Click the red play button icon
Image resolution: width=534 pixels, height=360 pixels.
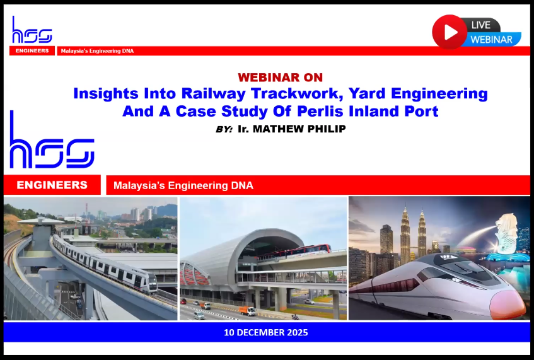click(x=450, y=32)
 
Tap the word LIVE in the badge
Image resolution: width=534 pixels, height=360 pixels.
click(x=481, y=25)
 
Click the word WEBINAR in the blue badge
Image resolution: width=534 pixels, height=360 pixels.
click(x=491, y=40)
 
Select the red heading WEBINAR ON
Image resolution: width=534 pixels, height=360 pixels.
click(x=281, y=78)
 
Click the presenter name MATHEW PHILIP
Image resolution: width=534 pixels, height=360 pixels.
click(x=299, y=129)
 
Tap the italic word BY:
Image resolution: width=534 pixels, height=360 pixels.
click(x=224, y=129)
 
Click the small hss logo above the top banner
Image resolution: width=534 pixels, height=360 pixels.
click(x=32, y=30)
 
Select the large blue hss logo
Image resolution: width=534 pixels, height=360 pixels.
click(x=52, y=139)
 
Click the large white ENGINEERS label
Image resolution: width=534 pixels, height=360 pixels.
click(x=52, y=185)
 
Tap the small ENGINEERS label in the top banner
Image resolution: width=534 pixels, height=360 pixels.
click(x=32, y=50)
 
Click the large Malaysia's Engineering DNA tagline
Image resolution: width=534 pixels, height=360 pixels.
click(x=183, y=185)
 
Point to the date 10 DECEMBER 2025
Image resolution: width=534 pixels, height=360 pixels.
click(x=266, y=332)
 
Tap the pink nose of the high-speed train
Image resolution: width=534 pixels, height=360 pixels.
click(x=508, y=304)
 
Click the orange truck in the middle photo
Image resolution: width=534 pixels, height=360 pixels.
click(x=248, y=310)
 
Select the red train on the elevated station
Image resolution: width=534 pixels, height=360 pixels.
click(x=294, y=252)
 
